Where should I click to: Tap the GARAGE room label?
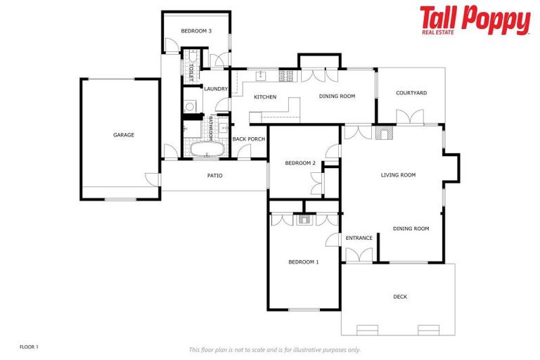(124, 135)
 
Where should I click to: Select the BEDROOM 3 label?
(196, 31)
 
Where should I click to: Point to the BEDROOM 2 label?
(300, 163)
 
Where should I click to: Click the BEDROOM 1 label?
(304, 262)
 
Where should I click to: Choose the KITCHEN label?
(265, 97)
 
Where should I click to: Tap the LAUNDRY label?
(216, 89)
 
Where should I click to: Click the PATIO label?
(214, 176)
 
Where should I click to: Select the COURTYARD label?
(411, 93)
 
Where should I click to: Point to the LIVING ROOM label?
(399, 175)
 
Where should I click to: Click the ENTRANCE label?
(359, 238)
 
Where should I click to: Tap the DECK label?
(400, 297)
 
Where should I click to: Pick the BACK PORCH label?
(249, 139)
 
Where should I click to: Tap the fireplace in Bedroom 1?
(304, 219)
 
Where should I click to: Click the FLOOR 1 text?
(29, 347)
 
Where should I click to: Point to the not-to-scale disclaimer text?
(275, 349)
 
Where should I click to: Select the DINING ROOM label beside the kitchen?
(337, 96)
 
